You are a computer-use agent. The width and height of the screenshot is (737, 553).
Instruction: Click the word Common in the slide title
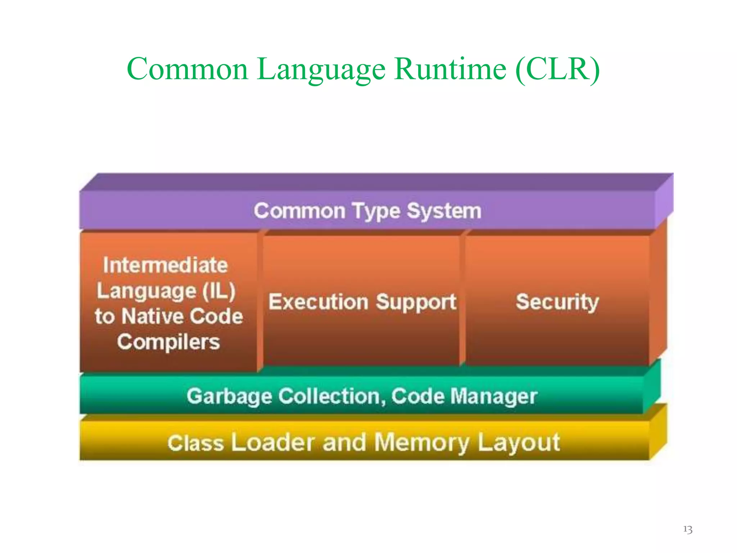click(x=187, y=69)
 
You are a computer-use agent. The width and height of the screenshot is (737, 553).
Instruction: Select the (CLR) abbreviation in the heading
click(x=557, y=69)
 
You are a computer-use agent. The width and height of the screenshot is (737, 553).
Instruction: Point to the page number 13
click(x=688, y=529)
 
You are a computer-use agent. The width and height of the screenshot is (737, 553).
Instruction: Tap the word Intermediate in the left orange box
click(x=165, y=265)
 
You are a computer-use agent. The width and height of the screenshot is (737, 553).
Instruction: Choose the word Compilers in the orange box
click(x=168, y=342)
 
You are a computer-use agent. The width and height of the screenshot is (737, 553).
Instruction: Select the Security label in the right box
click(x=557, y=302)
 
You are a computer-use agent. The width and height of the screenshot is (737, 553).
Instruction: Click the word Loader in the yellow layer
click(x=273, y=442)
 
